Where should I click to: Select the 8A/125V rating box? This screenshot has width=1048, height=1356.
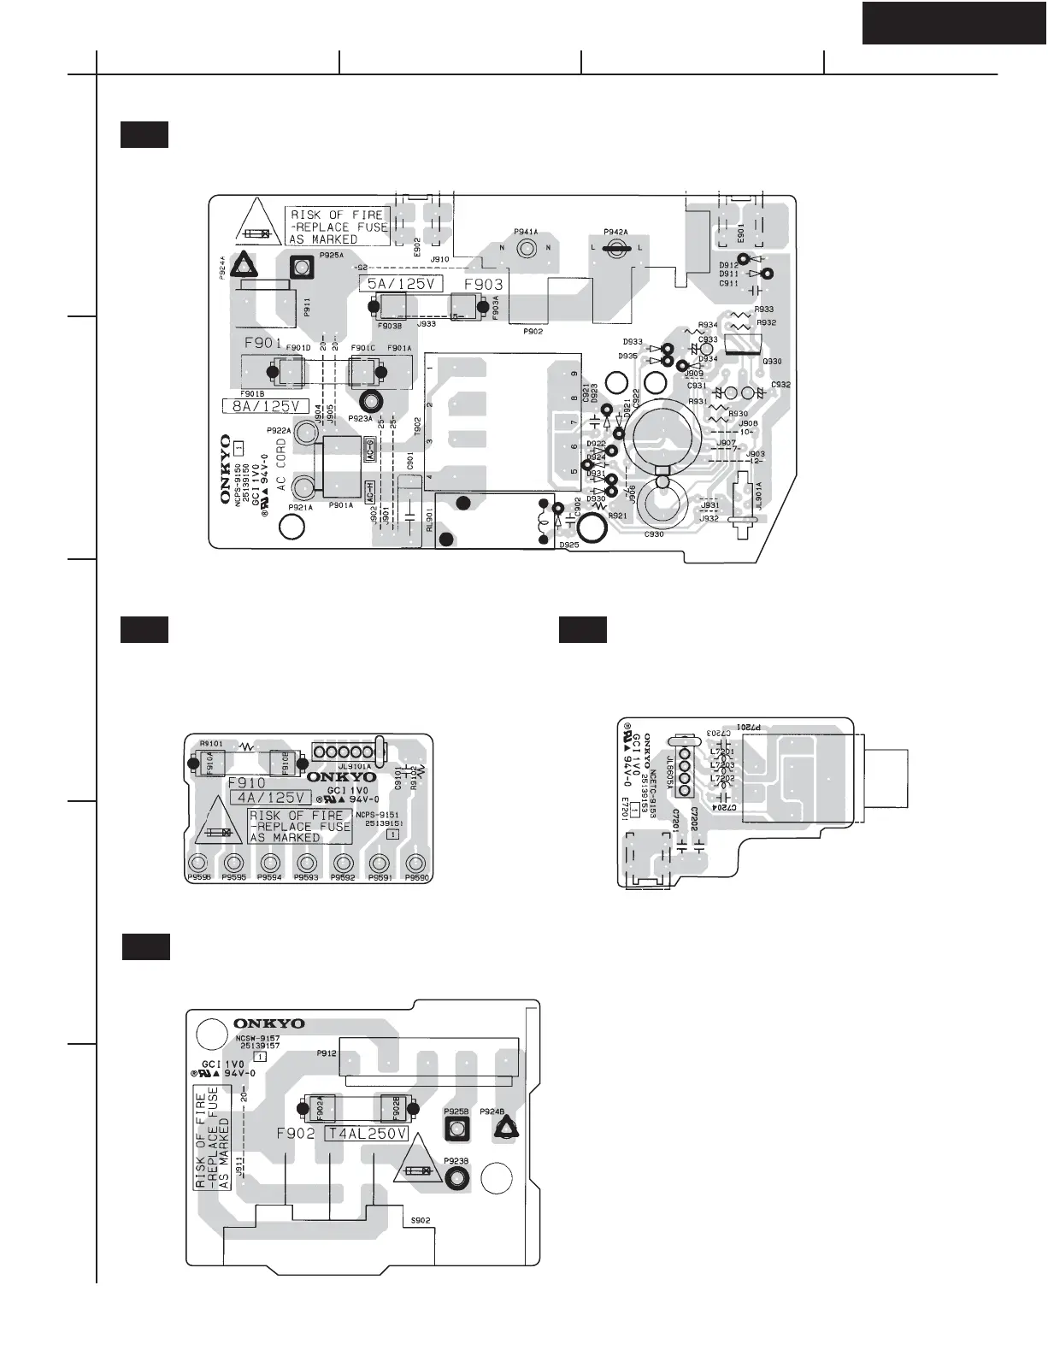point(266,405)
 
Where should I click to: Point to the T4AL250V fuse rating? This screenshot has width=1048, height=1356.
point(366,1134)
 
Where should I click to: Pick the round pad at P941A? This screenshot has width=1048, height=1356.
point(527,248)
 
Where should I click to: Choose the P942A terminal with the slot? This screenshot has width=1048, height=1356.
point(616,248)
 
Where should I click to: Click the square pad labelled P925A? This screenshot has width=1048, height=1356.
point(301,268)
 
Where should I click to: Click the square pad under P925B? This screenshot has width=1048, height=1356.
point(456,1130)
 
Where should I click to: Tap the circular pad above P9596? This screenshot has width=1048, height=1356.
point(198,862)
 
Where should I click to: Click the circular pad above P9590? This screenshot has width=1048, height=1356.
point(416,862)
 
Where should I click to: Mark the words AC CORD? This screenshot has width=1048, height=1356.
point(281,465)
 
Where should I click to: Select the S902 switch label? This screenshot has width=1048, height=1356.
point(420,1220)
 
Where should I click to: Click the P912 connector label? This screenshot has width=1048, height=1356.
point(327,1053)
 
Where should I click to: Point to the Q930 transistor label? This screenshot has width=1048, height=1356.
point(771,362)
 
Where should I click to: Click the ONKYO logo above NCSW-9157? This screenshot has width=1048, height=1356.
point(269,1023)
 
